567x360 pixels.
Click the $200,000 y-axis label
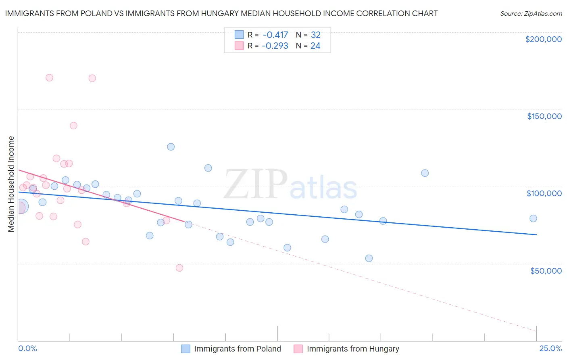point(543,39)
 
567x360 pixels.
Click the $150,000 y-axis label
point(544,116)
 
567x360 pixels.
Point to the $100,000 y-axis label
point(544,193)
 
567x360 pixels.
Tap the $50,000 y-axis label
point(546,270)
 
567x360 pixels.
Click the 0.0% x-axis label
point(27,348)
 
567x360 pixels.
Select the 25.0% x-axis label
point(550,348)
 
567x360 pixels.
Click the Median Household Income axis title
point(11,184)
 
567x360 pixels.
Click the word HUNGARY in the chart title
point(265,13)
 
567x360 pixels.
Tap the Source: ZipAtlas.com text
point(531,13)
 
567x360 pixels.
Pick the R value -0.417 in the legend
point(275,35)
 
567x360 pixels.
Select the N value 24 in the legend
point(315,46)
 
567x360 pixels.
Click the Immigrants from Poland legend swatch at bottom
point(186,349)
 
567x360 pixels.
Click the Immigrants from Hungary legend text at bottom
point(353,349)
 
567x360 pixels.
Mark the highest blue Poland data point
point(171,147)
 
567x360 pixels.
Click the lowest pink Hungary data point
point(179,268)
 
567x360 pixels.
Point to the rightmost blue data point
point(533,218)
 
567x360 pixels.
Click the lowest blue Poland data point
point(369,258)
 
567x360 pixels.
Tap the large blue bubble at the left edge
point(21,207)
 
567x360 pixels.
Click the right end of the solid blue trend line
point(536,234)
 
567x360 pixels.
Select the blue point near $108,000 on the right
point(425,173)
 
